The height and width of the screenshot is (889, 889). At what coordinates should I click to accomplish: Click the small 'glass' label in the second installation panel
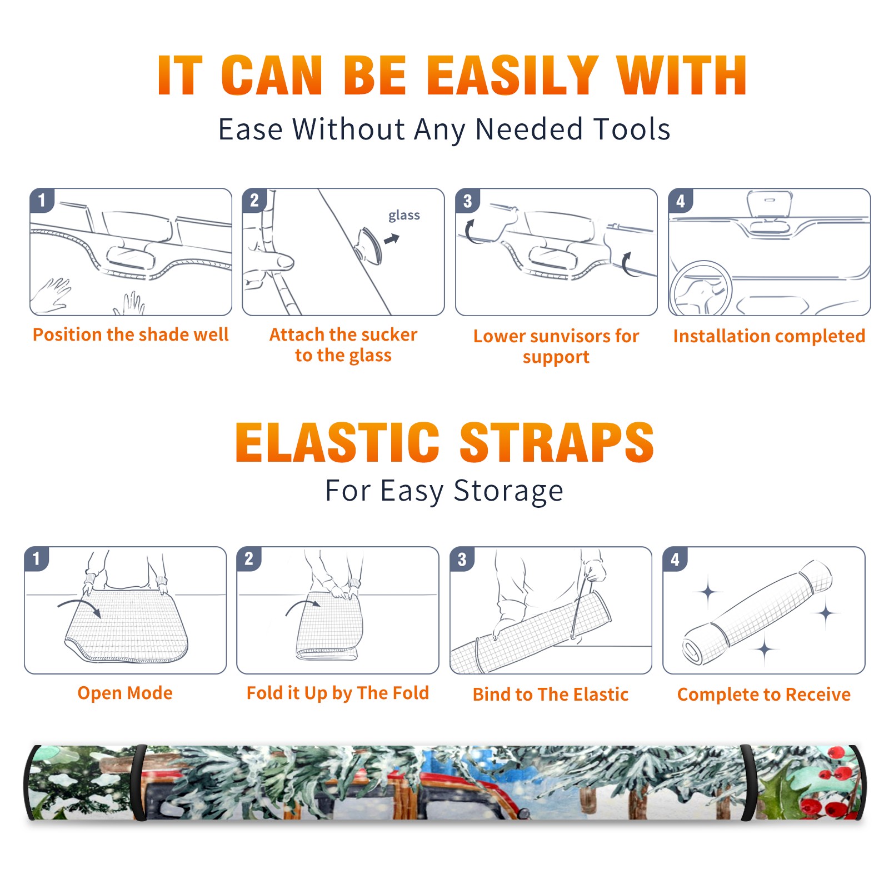(404, 216)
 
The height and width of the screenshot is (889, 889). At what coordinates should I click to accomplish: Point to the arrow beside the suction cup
(392, 239)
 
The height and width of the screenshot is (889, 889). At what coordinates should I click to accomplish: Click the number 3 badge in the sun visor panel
(467, 201)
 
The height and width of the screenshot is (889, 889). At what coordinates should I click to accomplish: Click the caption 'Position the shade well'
(131, 334)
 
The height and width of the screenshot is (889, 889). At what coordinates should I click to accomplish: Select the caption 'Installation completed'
(769, 336)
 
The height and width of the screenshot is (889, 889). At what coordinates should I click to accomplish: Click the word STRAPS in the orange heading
(557, 442)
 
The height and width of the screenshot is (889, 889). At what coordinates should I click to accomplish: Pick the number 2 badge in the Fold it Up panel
(249, 559)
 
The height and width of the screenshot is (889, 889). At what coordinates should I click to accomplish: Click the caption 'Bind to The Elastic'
(550, 695)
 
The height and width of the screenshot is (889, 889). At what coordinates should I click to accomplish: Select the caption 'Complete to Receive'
(764, 695)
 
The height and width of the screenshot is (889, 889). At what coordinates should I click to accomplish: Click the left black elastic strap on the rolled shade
(139, 782)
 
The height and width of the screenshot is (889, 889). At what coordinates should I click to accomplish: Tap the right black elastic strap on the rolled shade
(748, 782)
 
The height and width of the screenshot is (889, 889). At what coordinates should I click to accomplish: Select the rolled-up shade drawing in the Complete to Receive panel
(757, 612)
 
